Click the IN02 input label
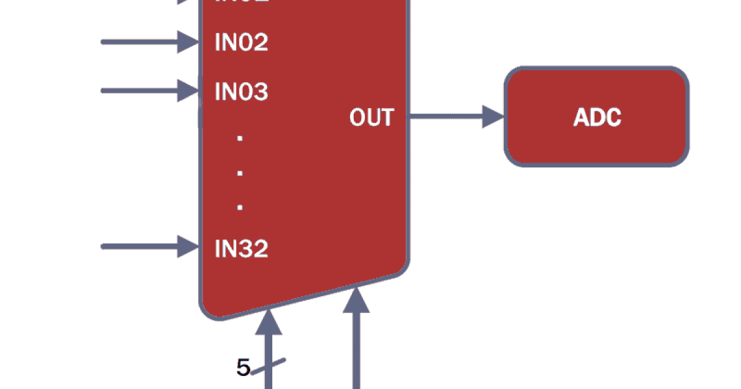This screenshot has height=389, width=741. (241, 43)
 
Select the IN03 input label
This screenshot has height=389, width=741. (241, 91)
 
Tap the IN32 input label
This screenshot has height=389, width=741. (241, 249)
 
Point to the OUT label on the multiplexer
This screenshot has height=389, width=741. (371, 117)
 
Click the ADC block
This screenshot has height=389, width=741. (597, 117)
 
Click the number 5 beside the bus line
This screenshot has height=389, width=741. (243, 368)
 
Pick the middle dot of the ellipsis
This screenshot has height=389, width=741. (240, 173)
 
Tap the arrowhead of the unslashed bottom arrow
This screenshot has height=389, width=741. (356, 300)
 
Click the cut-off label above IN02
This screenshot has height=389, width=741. (241, 2)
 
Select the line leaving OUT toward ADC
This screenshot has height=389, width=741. (445, 116)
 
